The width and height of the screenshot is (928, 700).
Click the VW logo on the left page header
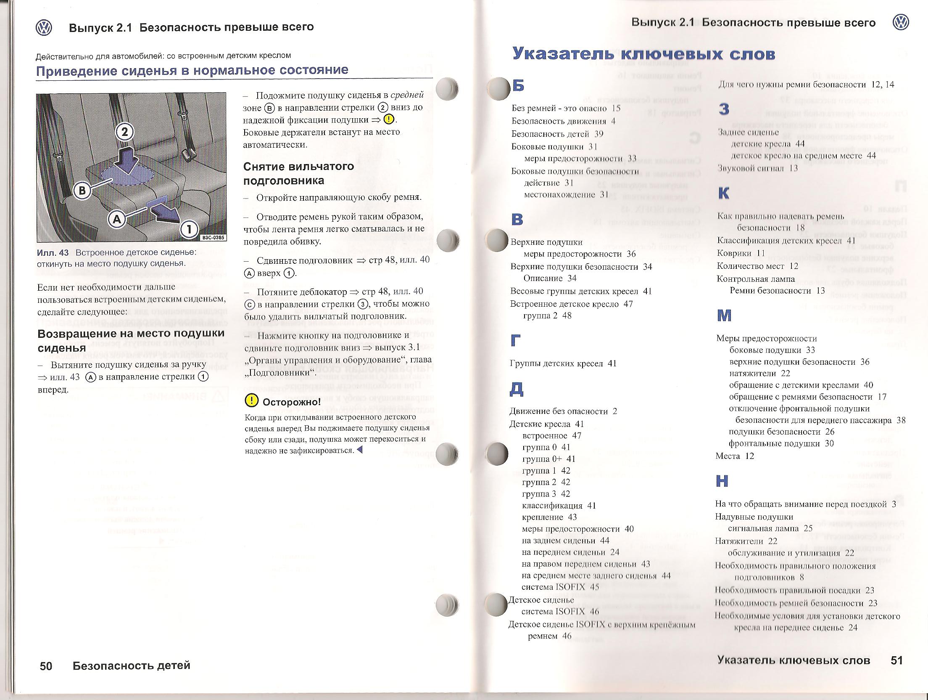(44, 27)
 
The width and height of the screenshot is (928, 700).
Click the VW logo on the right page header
(900, 22)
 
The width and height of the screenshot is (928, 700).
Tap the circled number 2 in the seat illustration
(124, 132)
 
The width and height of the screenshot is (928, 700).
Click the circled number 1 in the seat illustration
(189, 229)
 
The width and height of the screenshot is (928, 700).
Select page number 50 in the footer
(46, 666)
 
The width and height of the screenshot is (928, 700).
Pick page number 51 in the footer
(896, 660)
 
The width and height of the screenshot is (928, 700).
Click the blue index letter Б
(518, 85)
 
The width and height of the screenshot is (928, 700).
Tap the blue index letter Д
(516, 389)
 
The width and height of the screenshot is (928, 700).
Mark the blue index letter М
(724, 315)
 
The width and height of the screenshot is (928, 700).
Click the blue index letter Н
(722, 481)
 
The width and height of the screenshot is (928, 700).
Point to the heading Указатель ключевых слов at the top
(643, 54)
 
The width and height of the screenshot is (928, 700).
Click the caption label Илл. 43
(53, 252)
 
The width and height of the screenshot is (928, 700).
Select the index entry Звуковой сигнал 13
(757, 168)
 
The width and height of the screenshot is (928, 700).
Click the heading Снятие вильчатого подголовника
(298, 173)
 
